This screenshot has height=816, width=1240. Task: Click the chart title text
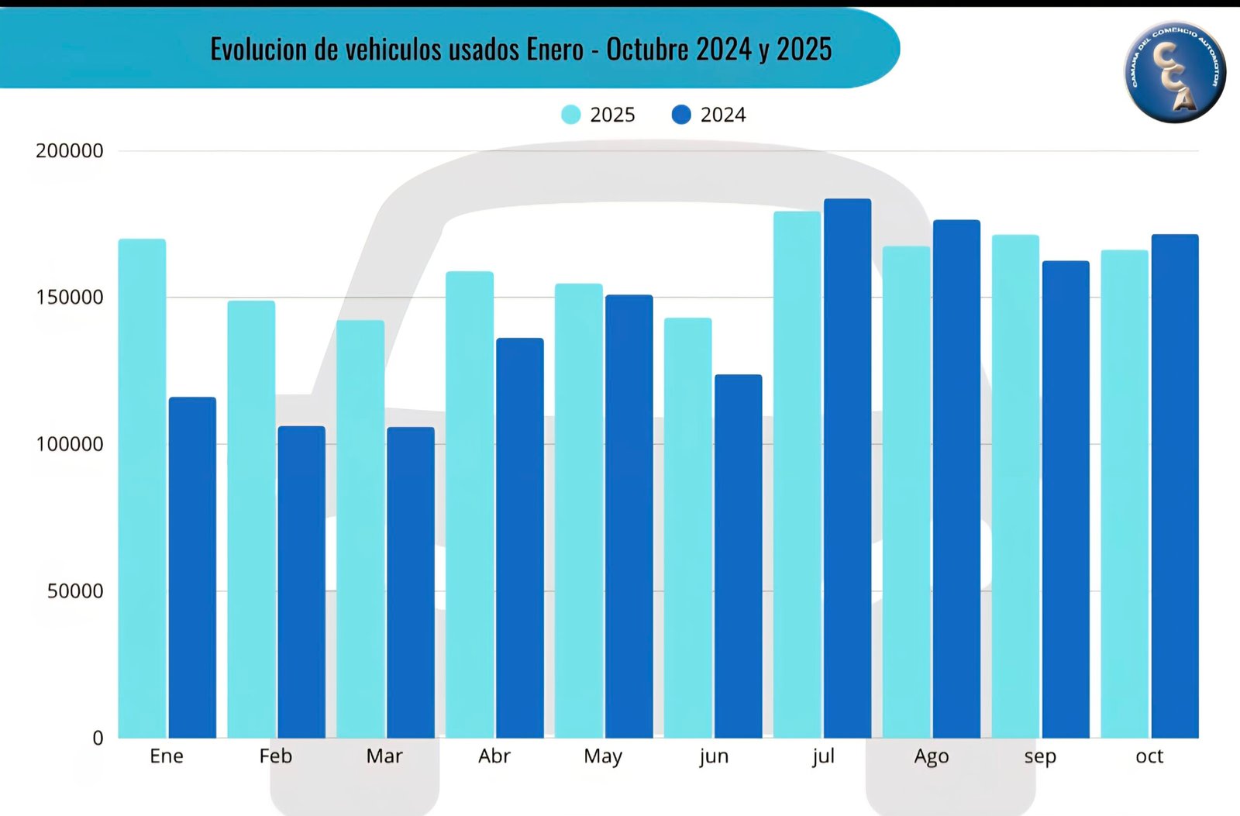[521, 50]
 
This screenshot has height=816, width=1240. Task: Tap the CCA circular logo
[1175, 72]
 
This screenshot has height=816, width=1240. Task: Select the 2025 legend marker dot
[570, 115]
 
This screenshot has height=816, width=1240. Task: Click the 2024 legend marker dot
[681, 115]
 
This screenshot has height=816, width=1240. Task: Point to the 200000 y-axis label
[70, 151]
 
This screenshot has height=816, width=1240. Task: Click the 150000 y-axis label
[70, 298]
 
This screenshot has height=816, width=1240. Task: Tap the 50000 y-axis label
[75, 591]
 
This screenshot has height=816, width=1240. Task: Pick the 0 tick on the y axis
[98, 738]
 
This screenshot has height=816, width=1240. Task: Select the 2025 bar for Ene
[142, 488]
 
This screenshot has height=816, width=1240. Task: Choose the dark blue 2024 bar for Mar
[411, 582]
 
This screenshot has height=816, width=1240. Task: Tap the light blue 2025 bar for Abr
[470, 504]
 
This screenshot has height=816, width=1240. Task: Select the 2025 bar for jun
[687, 528]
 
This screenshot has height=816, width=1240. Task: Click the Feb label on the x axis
[276, 756]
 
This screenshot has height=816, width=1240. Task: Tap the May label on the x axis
[603, 756]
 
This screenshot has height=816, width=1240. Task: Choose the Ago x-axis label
[931, 756]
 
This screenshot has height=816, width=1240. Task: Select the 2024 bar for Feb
[301, 582]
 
